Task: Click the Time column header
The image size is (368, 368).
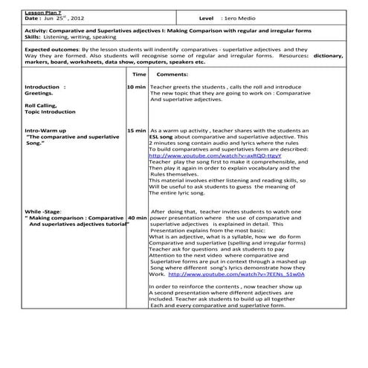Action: coord(139,75)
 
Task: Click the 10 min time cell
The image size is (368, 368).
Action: coord(136,87)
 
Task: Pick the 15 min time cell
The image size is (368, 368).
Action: coord(136,130)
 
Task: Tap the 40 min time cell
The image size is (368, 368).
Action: coord(136,219)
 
